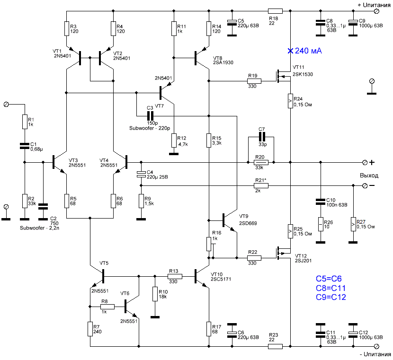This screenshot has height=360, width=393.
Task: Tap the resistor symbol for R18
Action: click(275, 11)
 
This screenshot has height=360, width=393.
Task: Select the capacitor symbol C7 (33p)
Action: click(261, 137)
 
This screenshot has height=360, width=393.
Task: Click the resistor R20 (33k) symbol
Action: click(261, 162)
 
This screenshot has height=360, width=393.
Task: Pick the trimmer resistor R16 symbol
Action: click(210, 244)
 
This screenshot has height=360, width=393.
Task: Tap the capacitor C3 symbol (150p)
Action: click(150, 116)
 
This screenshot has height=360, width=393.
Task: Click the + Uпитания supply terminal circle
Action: click(376, 11)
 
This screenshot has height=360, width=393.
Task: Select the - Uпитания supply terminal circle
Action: click(376, 346)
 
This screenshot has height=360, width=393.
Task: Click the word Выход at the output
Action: click(369, 176)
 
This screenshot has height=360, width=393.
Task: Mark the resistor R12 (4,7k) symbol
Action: click(174, 140)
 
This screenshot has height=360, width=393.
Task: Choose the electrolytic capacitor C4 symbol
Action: click(141, 174)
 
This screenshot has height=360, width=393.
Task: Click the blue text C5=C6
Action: click(329, 279)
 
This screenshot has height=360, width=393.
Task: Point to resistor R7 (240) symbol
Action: click(90, 329)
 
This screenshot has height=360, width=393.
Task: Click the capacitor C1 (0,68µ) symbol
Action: click(25, 146)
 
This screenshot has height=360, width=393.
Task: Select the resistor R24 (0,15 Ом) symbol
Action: click(290, 101)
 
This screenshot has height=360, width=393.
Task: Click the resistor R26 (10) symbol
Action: click(321, 224)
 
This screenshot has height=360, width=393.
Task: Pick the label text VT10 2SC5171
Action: click(221, 277)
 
